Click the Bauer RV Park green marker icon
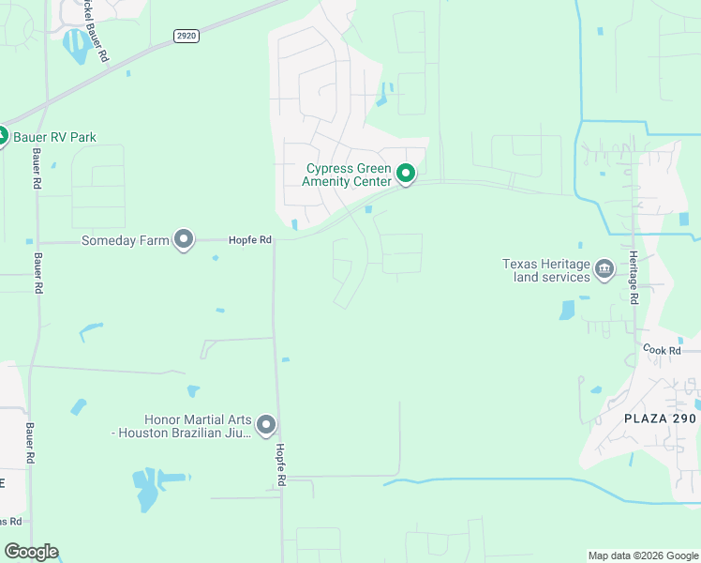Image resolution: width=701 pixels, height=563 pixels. (3, 136)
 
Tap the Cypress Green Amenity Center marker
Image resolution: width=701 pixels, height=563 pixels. (406, 175)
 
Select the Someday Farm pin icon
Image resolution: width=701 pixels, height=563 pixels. (185, 240)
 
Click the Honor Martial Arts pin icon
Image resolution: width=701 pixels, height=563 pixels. (266, 426)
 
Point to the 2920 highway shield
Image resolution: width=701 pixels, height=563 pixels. (186, 36)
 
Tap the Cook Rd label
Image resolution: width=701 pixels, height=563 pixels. (662, 349)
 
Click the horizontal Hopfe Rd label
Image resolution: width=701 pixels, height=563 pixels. (249, 240)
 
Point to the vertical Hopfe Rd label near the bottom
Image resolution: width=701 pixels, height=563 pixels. (280, 464)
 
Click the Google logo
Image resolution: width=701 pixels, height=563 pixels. (31, 552)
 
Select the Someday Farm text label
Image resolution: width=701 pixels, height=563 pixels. (126, 240)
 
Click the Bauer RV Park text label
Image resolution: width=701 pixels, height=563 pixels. (54, 137)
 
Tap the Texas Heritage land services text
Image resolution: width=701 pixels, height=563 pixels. (546, 270)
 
